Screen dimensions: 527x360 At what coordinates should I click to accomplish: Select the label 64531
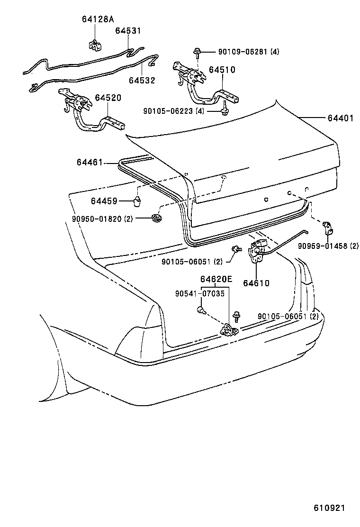pos(128,31)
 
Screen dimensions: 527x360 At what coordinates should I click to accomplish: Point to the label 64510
pos(222,70)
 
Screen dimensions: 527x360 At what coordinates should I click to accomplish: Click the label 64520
pos(108,98)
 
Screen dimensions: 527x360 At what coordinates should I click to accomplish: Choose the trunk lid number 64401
pos(340,118)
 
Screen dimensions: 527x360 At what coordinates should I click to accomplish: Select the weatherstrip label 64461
pos(90,163)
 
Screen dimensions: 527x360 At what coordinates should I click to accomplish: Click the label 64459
pos(104,201)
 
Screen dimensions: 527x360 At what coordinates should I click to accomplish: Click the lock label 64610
pos(256,283)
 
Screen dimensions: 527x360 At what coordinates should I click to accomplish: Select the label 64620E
pos(216,279)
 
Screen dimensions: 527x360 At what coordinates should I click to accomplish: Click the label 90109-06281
pos(242,52)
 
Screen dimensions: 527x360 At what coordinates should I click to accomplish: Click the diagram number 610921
pos(330,508)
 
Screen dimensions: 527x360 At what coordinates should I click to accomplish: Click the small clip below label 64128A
pos(95,44)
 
